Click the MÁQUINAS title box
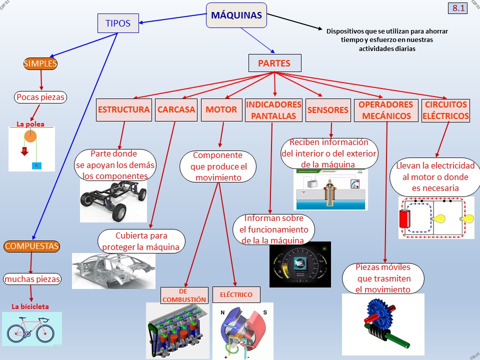236,15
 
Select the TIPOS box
117,23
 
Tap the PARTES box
275,63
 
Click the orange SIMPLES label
40,63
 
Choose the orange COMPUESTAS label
31,246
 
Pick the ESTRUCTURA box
123,110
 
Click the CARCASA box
176,110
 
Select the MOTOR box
221,110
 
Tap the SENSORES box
327,110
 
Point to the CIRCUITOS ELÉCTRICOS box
445,110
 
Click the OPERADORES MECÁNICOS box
385,110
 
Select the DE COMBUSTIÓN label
184,295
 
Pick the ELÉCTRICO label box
236,294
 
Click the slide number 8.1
458,8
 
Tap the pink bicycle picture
32,328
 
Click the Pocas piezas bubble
40,97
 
